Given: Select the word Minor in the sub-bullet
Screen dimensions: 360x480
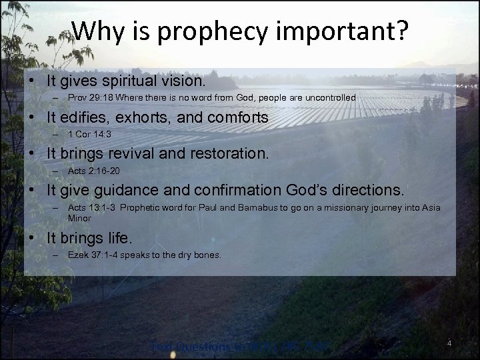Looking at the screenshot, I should pyautogui.click(x=79, y=217).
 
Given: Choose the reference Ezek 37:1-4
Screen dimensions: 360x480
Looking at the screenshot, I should pyautogui.click(x=91, y=255).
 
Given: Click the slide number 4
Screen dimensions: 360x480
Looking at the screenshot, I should pyautogui.click(x=449, y=343).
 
